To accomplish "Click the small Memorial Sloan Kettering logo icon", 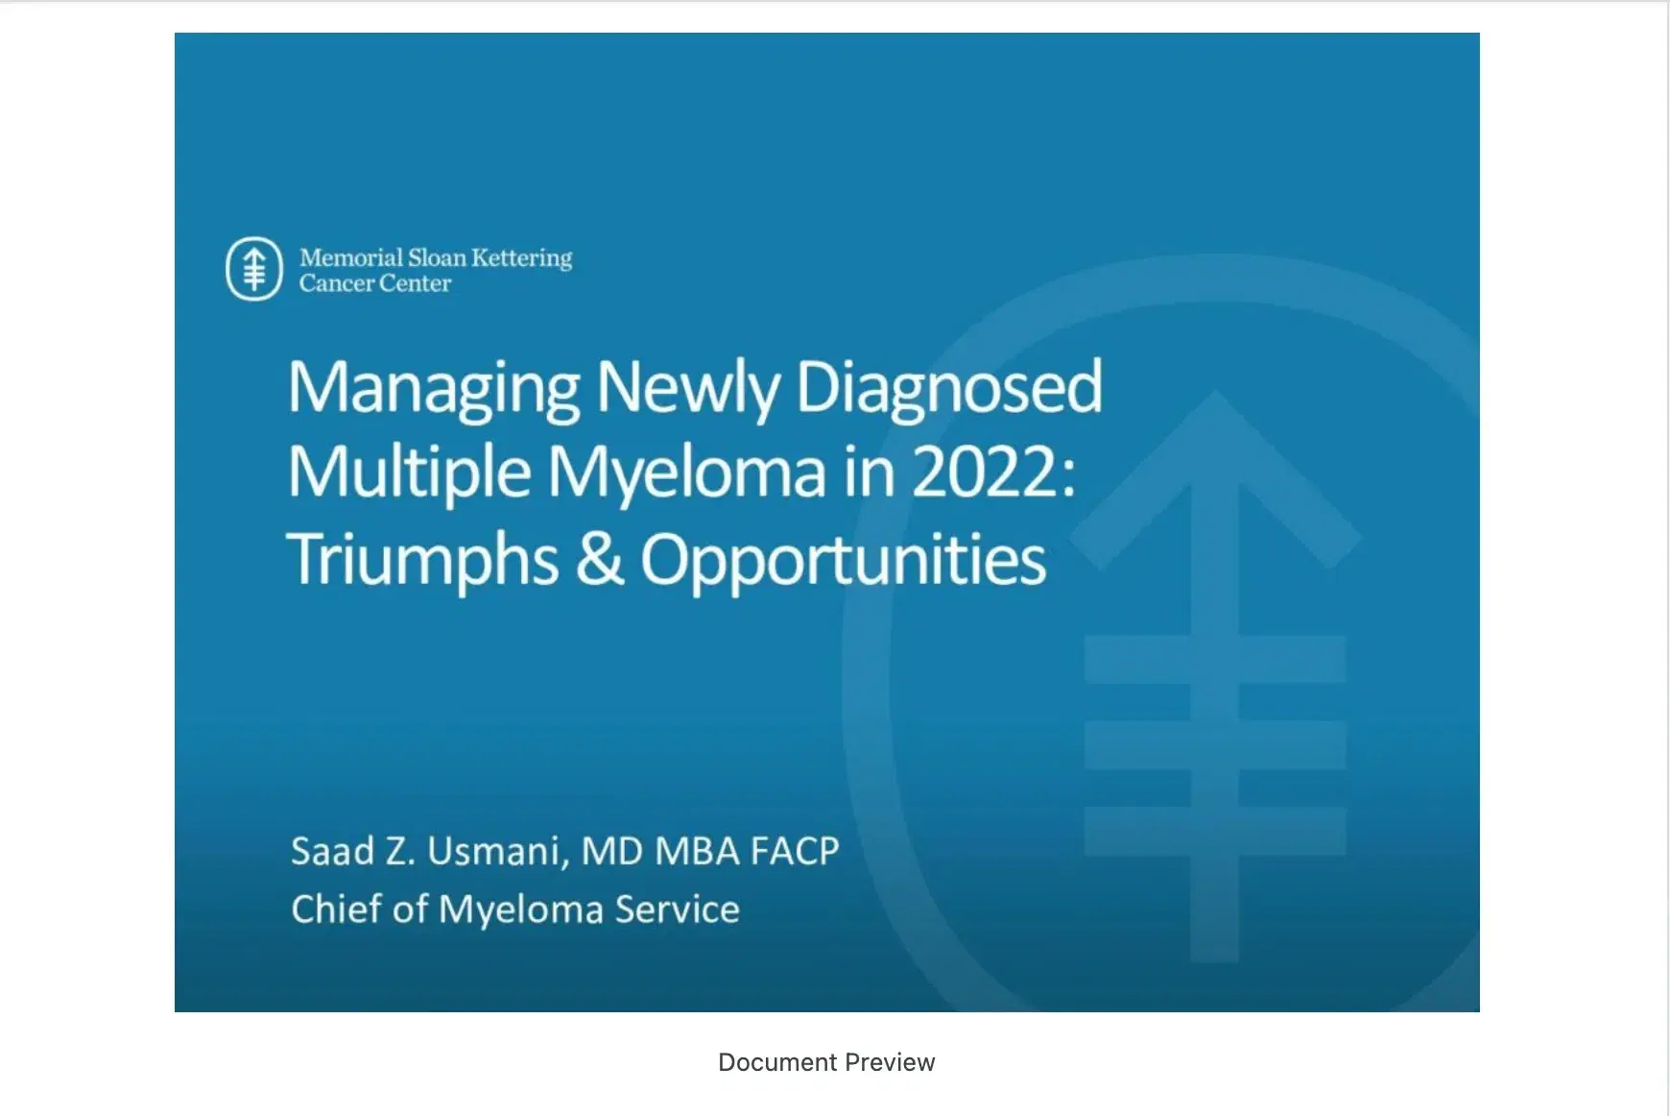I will (x=254, y=269).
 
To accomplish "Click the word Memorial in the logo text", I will (x=351, y=257).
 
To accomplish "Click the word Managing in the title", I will (x=434, y=389).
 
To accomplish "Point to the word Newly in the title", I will (x=687, y=389).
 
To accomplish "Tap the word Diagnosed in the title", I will (x=949, y=387).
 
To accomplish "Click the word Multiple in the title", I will (x=409, y=473).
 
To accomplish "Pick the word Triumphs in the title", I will (x=422, y=560).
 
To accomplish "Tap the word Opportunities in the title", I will (x=843, y=560).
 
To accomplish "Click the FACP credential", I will (x=795, y=851).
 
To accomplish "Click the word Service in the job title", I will (x=678, y=909).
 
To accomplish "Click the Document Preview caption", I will (x=826, y=1062).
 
